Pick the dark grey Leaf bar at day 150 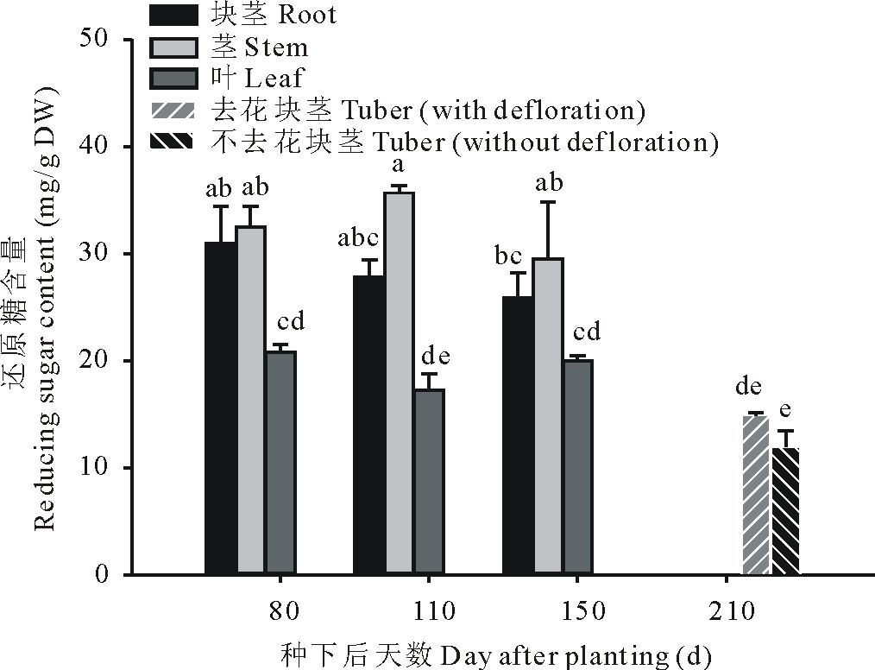pos(579,466)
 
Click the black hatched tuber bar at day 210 pos(785,510)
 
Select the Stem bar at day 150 pos(549,415)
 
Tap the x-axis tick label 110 pos(435,613)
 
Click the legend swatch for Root pos(177,15)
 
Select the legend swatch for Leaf pos(177,79)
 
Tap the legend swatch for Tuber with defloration pos(177,111)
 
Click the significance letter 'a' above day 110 pos(400,164)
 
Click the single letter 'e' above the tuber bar pos(785,409)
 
